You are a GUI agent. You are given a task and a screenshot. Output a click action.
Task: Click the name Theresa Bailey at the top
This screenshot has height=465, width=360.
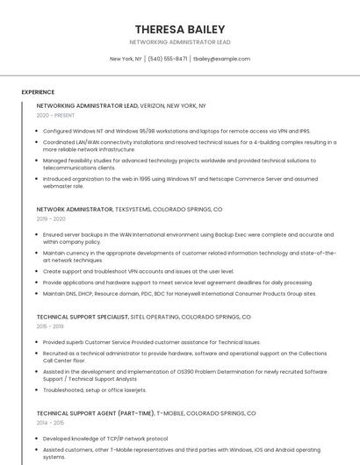[180, 29]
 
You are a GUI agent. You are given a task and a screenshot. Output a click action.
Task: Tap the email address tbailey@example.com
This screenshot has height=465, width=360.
[221, 59]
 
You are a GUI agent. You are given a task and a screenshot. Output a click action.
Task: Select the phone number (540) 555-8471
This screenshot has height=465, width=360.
[167, 59]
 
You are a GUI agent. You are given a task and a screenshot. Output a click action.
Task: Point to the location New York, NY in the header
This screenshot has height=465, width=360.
[126, 59]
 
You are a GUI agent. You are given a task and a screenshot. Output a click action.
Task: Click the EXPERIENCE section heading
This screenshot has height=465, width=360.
[38, 92]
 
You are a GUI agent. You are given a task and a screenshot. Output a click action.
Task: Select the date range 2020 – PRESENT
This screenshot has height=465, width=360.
[56, 115]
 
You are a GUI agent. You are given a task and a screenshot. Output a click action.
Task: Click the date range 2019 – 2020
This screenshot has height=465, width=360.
[51, 219]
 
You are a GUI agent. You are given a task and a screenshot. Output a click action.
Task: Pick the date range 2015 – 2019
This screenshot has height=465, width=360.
[51, 325]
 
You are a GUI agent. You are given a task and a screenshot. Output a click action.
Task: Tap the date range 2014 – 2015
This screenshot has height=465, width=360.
[51, 422]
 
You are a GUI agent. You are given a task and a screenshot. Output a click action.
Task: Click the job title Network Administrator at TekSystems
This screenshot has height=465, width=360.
[75, 210]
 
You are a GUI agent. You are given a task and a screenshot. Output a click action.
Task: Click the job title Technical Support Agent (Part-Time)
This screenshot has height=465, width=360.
[96, 412]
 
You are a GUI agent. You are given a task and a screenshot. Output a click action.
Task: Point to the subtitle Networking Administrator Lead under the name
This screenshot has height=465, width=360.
[180, 42]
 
